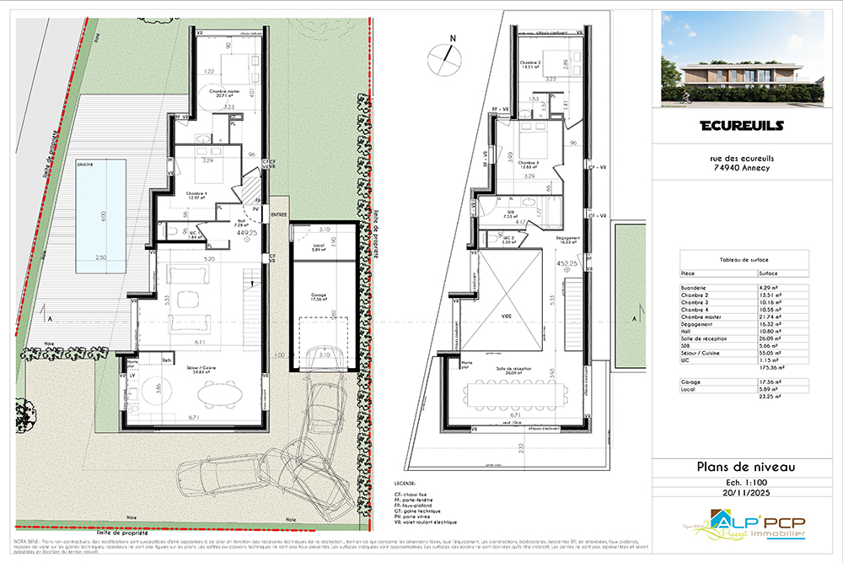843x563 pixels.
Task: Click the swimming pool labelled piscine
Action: coord(100,217)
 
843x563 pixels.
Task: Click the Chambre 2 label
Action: coord(529,63)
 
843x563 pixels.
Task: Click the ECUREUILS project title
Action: coord(742,127)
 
